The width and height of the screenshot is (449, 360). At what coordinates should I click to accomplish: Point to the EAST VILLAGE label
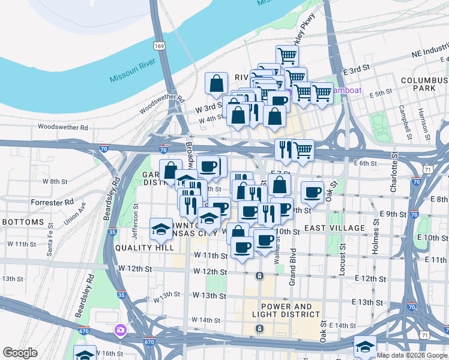pos(334,228)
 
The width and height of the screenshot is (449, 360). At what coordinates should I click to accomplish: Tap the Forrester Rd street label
pos(52,202)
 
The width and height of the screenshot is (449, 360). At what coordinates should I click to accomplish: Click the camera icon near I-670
pos(121,329)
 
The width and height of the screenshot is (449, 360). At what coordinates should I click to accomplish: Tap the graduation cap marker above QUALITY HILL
pos(160,228)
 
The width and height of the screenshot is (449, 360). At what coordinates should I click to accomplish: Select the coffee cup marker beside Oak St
pos(312,192)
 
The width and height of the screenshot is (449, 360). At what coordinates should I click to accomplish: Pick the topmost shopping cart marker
pos(287,56)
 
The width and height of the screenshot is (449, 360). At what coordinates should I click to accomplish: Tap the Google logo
pos(20,353)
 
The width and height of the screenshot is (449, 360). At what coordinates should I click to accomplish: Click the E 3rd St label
pos(355,70)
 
